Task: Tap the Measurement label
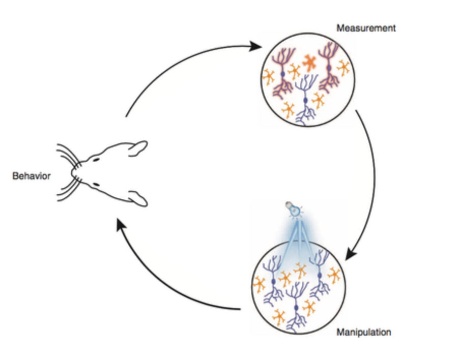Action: click(x=365, y=28)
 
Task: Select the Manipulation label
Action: click(x=363, y=333)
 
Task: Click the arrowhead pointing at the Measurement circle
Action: click(x=254, y=47)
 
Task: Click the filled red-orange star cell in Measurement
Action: click(x=308, y=62)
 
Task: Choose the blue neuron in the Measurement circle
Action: click(x=306, y=99)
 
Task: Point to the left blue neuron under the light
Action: click(x=274, y=280)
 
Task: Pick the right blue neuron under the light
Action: click(x=319, y=275)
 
